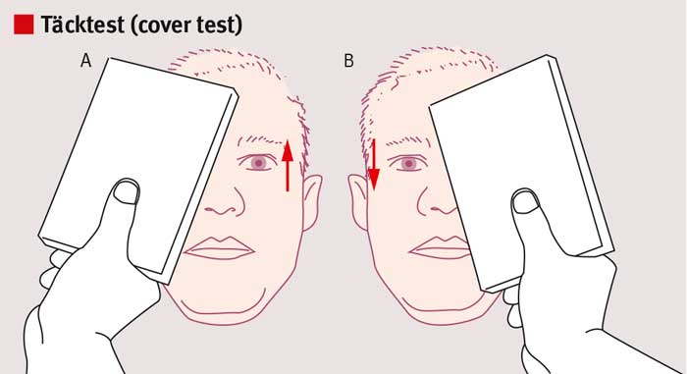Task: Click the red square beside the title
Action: (x=24, y=25)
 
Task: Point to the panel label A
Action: (x=86, y=61)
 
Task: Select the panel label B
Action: (x=348, y=61)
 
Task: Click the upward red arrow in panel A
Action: (x=288, y=166)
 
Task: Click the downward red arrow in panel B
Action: (x=374, y=165)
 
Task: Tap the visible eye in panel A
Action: (x=258, y=163)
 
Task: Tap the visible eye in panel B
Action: (x=409, y=164)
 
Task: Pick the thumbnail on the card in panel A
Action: (x=127, y=192)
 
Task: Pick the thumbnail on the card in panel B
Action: (x=525, y=202)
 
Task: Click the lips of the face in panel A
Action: (x=219, y=248)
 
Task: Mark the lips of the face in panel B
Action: (x=438, y=248)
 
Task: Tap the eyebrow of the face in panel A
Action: (x=262, y=141)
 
